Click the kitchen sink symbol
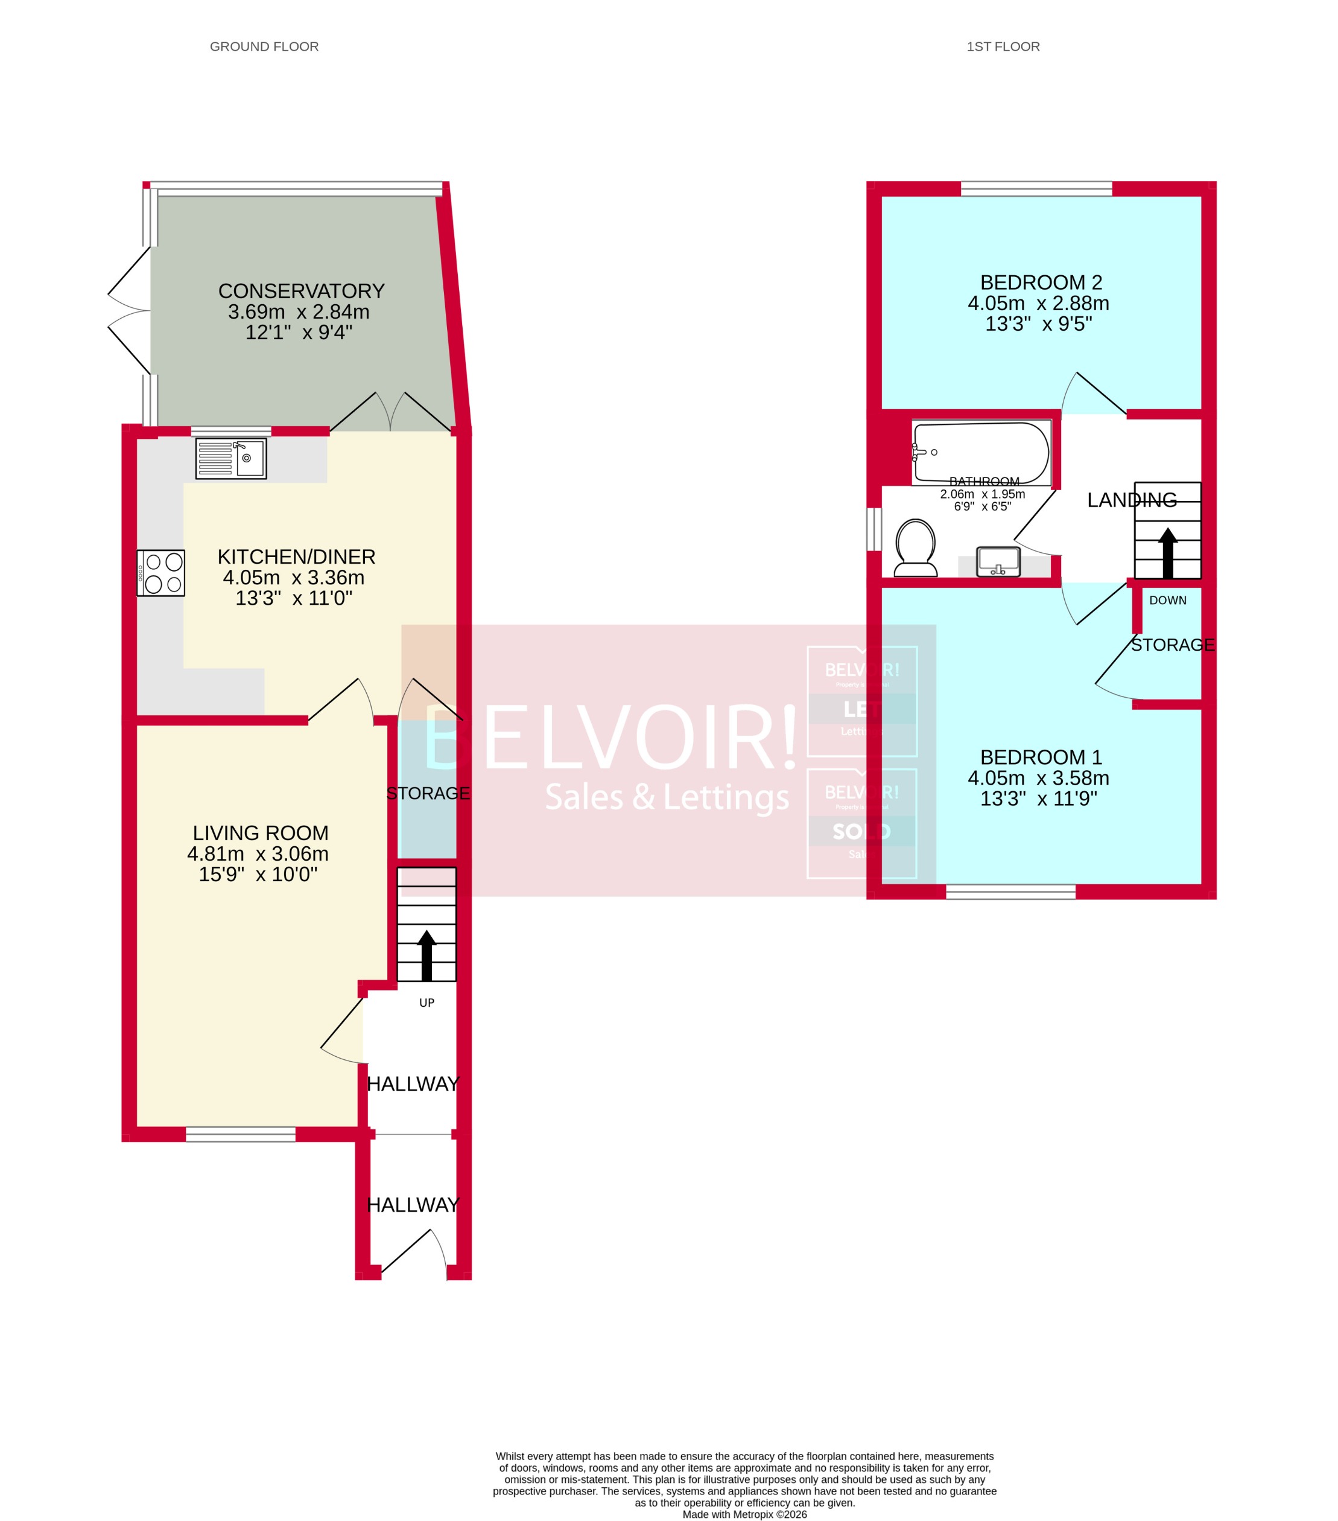230,458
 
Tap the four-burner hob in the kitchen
160,573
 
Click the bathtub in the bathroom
981,451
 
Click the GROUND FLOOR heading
264,46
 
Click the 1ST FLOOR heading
1003,46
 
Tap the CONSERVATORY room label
301,291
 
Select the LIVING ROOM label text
261,833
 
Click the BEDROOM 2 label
1041,282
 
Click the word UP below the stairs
426,1003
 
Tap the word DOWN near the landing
1167,600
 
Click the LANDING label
1131,500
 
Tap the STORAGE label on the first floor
1172,645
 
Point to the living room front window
240,1134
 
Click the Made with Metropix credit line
744,1514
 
